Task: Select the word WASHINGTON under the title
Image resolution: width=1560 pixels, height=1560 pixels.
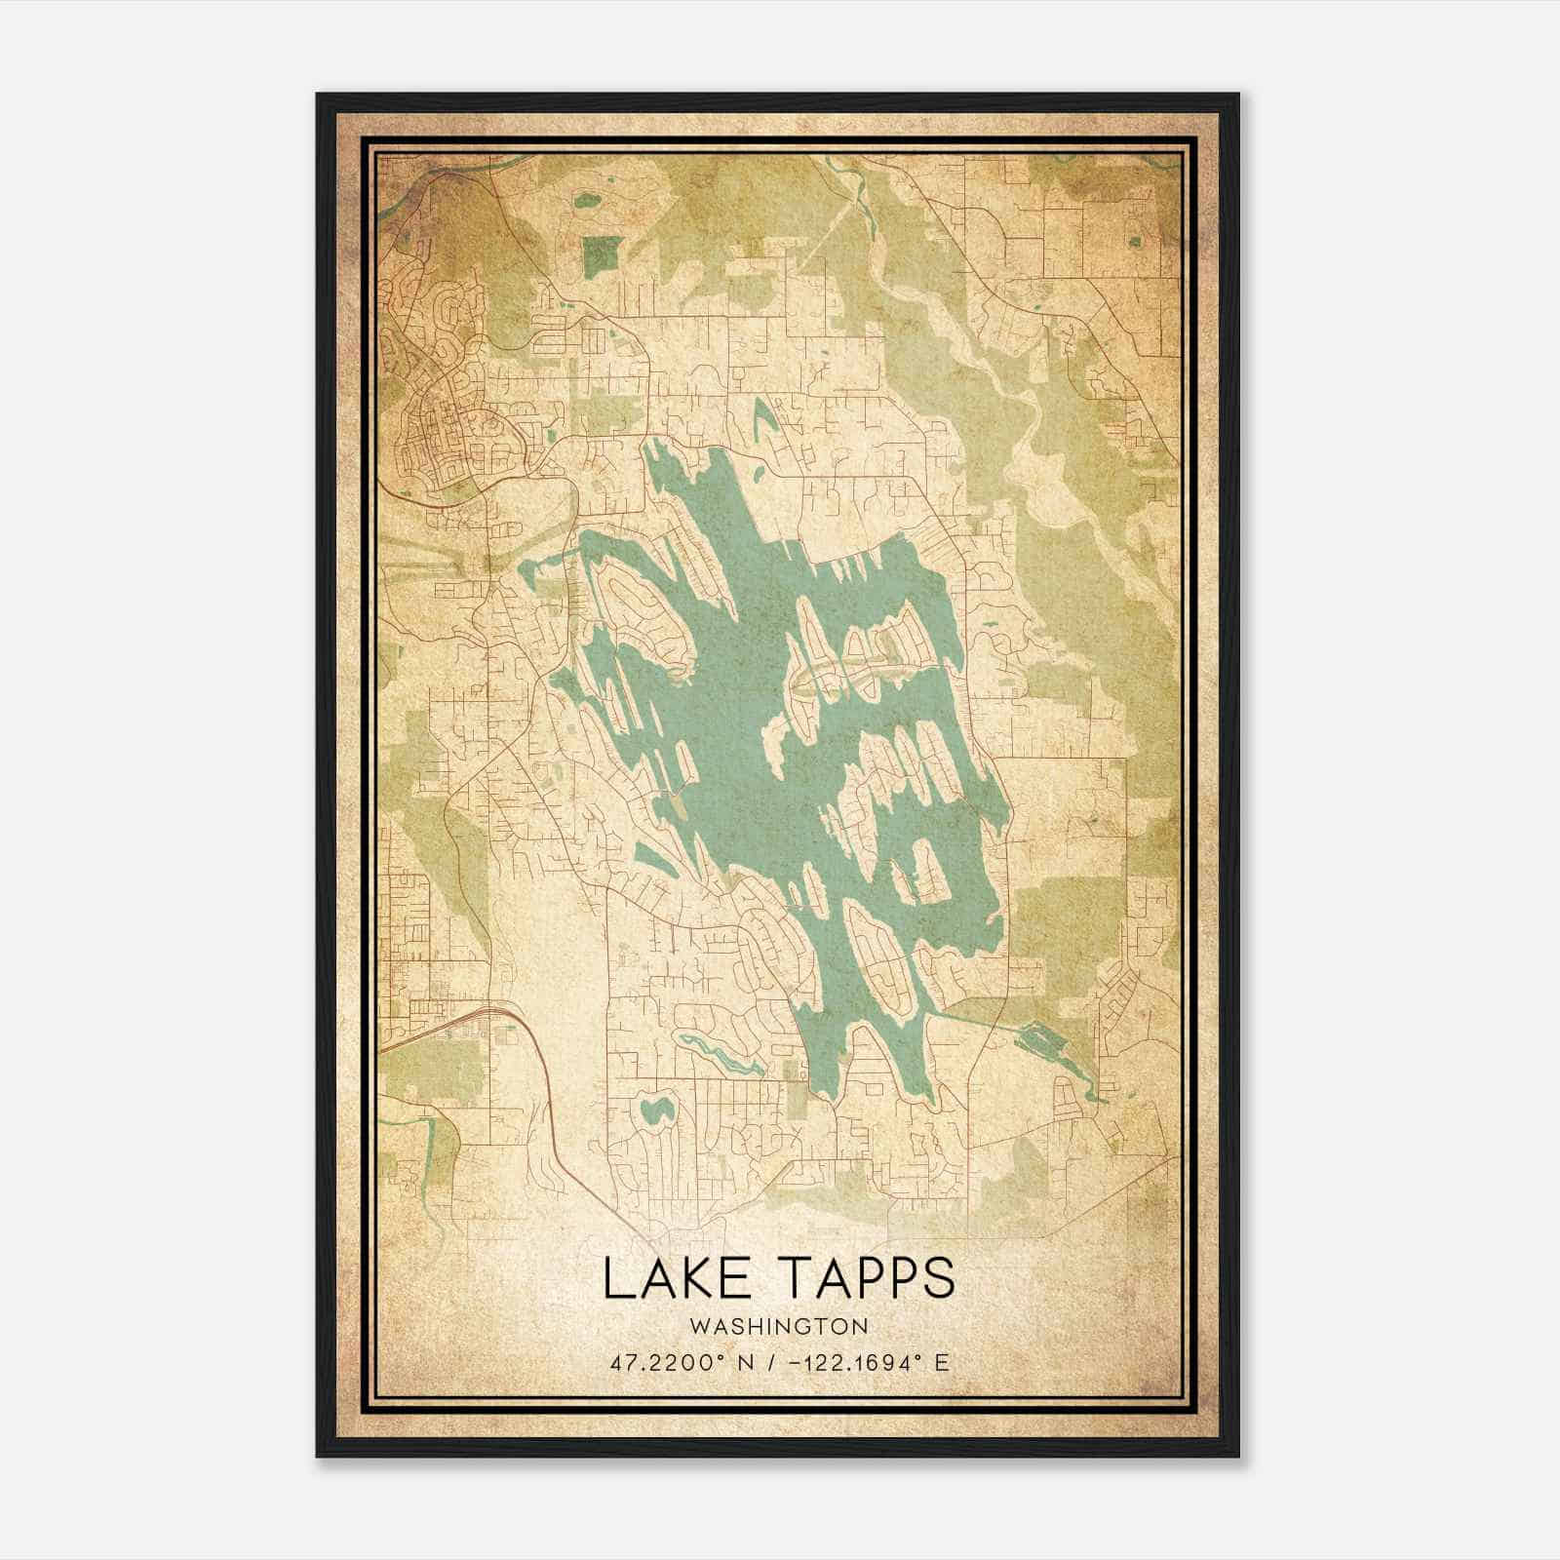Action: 779,1326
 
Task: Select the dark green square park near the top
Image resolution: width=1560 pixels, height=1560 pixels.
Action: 601,254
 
